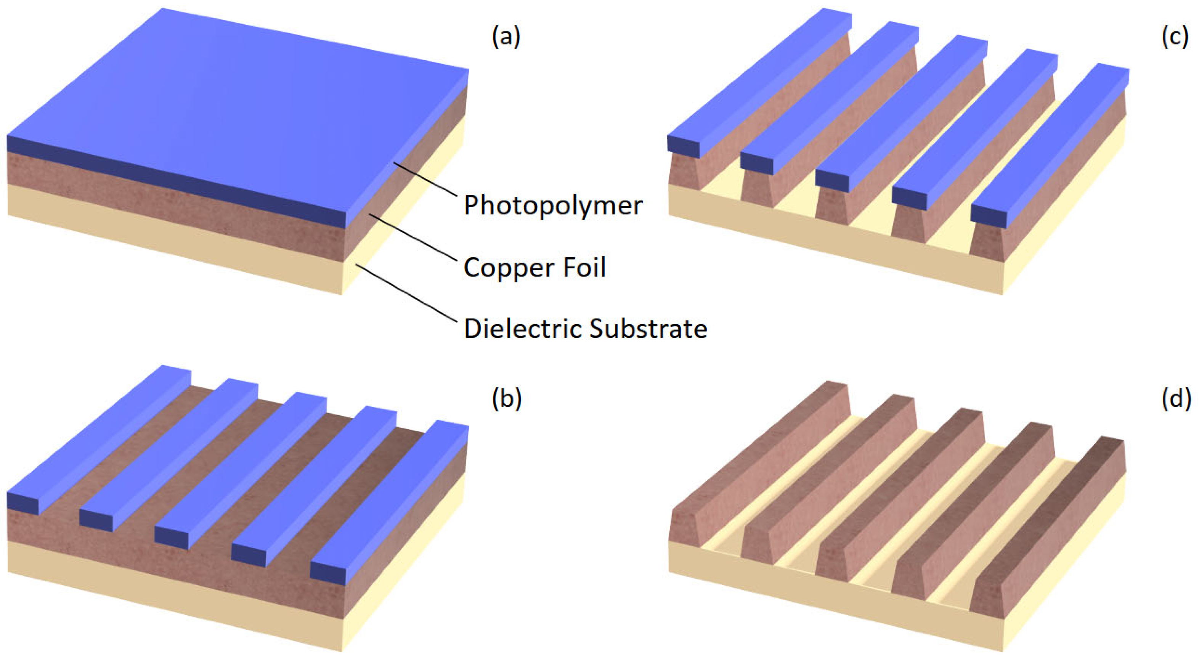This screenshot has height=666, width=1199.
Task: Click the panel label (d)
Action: pyautogui.click(x=1176, y=399)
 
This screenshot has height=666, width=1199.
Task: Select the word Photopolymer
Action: pyautogui.click(x=553, y=205)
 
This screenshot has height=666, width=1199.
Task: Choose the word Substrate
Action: pyautogui.click(x=648, y=329)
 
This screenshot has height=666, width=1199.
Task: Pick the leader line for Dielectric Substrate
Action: pyautogui.click(x=405, y=293)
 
